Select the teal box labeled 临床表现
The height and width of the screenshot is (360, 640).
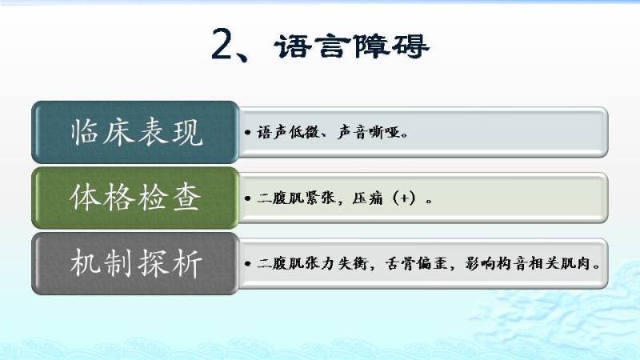[135, 132]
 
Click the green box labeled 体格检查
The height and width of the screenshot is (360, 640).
[135, 198]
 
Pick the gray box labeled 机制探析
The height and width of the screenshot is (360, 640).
[135, 264]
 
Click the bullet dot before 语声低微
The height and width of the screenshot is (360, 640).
[247, 132]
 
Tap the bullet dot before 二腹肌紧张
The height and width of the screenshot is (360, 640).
[247, 198]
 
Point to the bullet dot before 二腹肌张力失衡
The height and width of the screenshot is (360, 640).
[247, 264]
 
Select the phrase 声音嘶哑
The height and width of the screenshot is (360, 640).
[369, 132]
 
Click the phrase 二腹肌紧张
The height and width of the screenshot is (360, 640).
[296, 198]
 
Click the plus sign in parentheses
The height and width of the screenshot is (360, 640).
[405, 198]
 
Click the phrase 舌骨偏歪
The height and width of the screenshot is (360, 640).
[416, 263]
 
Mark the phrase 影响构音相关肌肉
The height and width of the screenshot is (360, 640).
[528, 263]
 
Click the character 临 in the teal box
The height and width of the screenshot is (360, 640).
[84, 132]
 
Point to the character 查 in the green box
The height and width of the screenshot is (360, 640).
[186, 198]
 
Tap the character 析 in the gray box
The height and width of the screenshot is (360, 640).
[186, 263]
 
